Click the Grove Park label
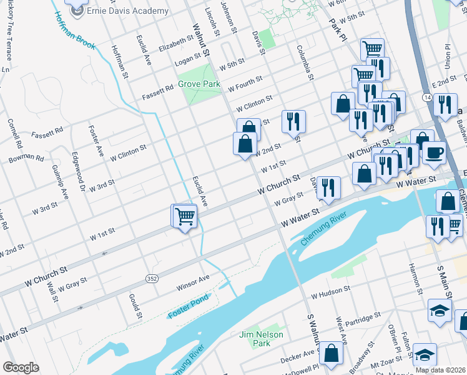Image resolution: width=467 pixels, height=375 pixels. (x=199, y=84)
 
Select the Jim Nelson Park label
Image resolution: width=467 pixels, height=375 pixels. (x=262, y=339)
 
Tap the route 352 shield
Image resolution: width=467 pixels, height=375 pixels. (x=151, y=277)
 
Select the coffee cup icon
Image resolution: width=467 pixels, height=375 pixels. (x=434, y=152)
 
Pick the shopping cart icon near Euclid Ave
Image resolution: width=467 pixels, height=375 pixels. (x=185, y=217)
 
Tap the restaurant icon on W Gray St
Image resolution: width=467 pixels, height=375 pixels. (x=328, y=187)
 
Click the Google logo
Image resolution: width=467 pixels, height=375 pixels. (x=21, y=367)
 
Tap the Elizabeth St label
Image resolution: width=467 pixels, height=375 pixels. (x=176, y=44)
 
